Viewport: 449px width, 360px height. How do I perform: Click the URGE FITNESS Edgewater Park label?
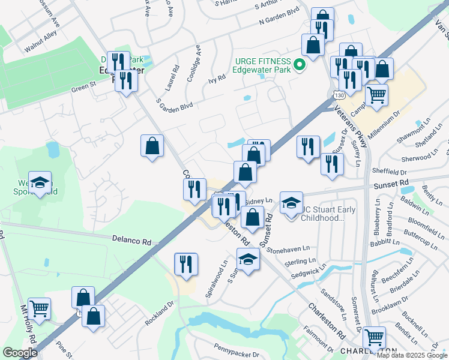(x=263, y=65)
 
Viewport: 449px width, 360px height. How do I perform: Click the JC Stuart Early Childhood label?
(x=327, y=214)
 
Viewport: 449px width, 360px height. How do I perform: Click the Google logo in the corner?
(x=20, y=353)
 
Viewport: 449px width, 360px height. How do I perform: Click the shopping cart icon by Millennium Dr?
(x=376, y=94)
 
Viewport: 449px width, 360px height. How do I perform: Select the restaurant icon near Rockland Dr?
(x=186, y=263)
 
